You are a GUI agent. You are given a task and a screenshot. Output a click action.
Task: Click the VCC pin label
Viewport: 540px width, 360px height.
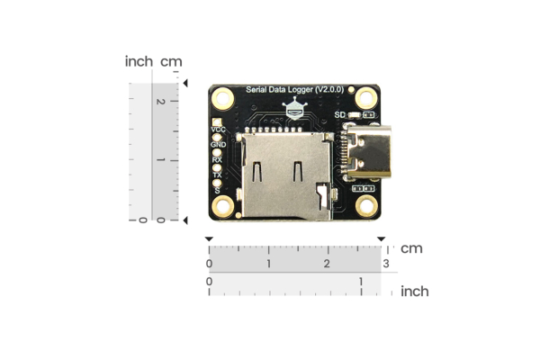pyautogui.click(x=218, y=130)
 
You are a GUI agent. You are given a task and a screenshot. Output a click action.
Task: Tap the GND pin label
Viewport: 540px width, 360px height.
pyautogui.click(x=218, y=145)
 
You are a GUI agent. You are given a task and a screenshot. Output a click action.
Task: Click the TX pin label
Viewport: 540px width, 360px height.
pyautogui.click(x=217, y=175)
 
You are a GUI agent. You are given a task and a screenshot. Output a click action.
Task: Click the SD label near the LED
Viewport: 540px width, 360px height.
pyautogui.click(x=339, y=115)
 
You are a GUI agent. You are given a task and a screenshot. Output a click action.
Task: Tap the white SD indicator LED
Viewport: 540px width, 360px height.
pyautogui.click(x=354, y=115)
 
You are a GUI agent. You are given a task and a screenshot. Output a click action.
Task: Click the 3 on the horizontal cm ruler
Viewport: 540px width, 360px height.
pyautogui.click(x=386, y=264)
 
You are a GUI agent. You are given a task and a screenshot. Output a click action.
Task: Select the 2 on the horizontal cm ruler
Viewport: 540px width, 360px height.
pyautogui.click(x=328, y=264)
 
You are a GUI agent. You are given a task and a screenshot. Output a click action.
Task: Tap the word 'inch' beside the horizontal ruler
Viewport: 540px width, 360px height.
pyautogui.click(x=414, y=291)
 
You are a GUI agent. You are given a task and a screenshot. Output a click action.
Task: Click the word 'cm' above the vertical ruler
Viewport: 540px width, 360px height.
pyautogui.click(x=171, y=62)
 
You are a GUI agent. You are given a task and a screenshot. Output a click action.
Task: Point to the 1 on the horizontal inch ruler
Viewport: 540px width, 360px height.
pyautogui.click(x=361, y=282)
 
